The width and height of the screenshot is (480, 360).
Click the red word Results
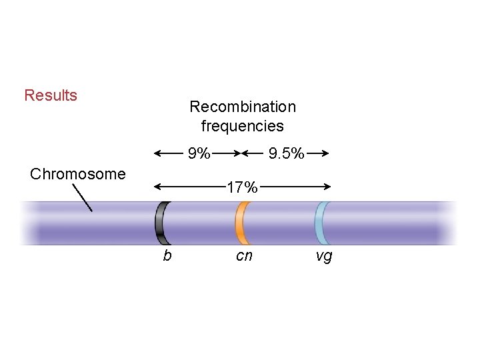51,95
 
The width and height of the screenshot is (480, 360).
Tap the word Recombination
243,107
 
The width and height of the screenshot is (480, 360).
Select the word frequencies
243,126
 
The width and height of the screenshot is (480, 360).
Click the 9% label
199,155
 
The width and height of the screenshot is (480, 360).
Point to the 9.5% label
286,155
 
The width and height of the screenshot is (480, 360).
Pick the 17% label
241,188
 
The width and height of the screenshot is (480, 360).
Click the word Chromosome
78,175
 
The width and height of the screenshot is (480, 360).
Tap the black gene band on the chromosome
161,223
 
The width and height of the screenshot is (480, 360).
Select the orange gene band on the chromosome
241,223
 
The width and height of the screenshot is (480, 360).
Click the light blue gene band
321,223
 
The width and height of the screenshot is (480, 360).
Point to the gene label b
167,256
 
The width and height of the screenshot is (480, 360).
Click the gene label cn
244,256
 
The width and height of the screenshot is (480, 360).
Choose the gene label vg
323,256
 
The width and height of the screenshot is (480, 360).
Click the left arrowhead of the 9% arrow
157,153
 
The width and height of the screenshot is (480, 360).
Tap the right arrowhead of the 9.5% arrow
327,153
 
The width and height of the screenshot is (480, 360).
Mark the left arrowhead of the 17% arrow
157,187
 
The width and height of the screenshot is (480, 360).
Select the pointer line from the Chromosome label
82,197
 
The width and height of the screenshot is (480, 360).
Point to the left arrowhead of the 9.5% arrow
245,153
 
